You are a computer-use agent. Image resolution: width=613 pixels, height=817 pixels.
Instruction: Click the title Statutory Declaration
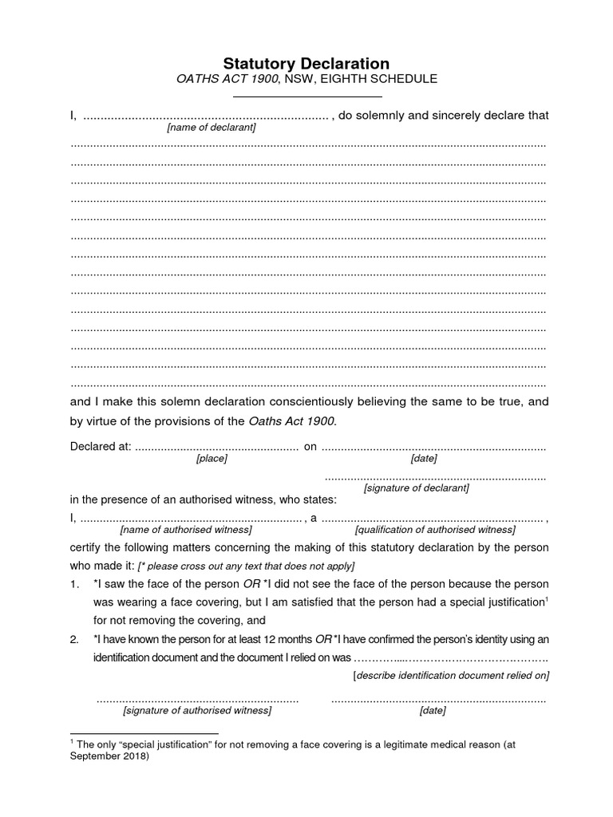(x=306, y=63)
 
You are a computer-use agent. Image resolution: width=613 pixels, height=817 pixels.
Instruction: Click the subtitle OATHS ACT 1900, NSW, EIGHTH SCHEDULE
(x=306, y=80)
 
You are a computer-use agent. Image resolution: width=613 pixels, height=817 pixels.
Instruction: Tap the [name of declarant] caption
(x=212, y=128)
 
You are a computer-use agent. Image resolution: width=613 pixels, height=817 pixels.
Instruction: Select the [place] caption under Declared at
(x=212, y=459)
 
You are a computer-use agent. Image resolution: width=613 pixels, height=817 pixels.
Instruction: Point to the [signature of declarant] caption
(x=416, y=487)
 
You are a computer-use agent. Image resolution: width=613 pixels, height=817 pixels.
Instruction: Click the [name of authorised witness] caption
(x=186, y=530)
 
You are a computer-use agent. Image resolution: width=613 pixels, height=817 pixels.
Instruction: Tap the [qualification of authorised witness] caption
(x=435, y=530)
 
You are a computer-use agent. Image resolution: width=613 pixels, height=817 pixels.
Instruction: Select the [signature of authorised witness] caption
(x=197, y=710)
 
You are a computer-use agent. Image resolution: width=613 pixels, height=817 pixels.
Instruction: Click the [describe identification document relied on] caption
(x=451, y=676)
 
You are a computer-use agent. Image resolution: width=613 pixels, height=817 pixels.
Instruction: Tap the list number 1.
(x=74, y=584)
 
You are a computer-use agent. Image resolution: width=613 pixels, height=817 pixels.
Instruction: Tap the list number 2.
(x=74, y=640)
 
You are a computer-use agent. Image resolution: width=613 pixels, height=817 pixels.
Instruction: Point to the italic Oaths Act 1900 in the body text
(x=292, y=421)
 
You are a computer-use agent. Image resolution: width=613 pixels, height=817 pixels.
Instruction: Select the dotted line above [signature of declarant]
(x=435, y=477)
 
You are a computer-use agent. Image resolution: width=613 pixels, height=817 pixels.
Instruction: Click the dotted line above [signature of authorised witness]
(x=197, y=700)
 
